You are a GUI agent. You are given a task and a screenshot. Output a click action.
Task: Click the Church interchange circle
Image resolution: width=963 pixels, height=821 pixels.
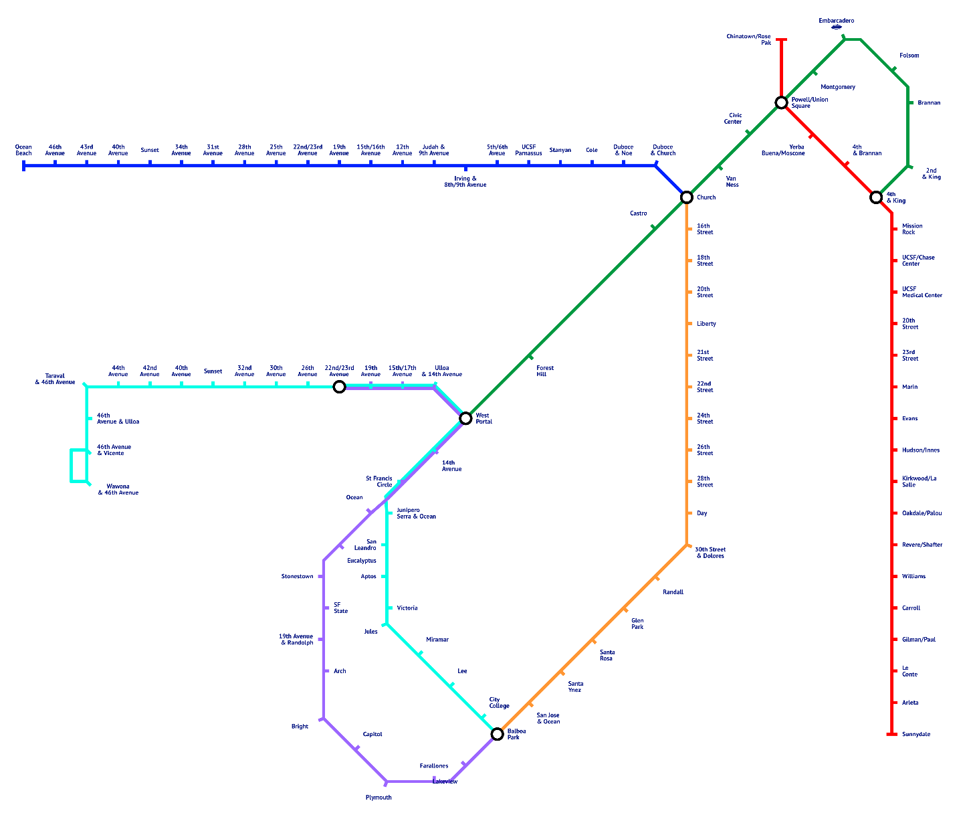click(686, 197)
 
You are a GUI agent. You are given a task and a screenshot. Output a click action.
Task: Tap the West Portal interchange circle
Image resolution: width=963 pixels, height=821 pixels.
click(465, 418)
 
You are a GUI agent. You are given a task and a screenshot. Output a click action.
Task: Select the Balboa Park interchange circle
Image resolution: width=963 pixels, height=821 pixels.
click(497, 734)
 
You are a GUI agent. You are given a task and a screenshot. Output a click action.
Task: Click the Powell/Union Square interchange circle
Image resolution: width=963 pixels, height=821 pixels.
click(781, 102)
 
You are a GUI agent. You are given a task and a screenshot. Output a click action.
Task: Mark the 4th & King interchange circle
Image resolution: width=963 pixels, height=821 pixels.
click(876, 197)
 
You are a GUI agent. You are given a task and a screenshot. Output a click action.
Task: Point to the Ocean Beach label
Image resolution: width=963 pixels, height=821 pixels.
click(23, 150)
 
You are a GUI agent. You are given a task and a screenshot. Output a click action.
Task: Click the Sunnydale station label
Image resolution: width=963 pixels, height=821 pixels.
click(916, 734)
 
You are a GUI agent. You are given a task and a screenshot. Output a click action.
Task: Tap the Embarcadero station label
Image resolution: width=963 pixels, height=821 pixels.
click(836, 21)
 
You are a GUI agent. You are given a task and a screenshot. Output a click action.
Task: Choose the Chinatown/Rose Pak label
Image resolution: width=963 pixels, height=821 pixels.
click(748, 39)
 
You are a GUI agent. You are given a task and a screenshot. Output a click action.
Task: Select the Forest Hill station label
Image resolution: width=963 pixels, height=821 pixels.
click(545, 371)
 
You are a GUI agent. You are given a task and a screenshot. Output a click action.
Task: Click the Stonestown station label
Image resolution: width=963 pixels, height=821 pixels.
click(297, 576)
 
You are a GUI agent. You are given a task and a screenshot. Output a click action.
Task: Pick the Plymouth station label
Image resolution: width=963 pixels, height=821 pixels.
click(379, 798)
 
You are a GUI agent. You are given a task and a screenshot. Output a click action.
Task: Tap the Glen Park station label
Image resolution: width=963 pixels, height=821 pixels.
click(637, 624)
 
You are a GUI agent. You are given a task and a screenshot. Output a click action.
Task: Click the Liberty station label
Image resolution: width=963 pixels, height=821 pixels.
click(706, 324)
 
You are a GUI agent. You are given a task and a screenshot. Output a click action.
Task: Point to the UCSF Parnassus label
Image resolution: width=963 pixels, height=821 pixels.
click(528, 150)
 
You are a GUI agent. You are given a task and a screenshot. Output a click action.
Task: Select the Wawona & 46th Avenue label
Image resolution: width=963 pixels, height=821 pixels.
click(118, 489)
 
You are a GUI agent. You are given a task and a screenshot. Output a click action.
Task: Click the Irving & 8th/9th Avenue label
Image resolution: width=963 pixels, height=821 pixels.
click(465, 181)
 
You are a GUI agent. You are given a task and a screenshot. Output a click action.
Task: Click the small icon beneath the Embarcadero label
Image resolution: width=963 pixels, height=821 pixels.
click(836, 27)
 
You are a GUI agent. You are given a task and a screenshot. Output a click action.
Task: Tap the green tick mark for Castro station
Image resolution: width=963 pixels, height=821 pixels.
click(653, 228)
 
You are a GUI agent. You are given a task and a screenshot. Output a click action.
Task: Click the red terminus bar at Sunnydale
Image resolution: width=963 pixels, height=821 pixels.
click(891, 734)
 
